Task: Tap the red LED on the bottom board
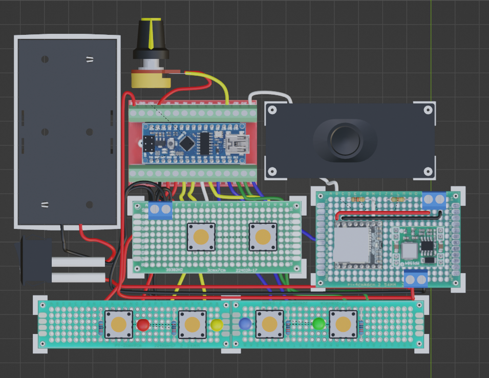143,325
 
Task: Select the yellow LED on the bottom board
217,325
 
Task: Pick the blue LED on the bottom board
245,324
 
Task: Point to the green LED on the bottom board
319,324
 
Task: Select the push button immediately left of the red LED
119,324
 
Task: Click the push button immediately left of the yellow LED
192,324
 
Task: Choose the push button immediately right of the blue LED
269,324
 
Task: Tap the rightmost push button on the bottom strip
343,324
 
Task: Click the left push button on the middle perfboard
201,237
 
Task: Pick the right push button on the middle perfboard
263,237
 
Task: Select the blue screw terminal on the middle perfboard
160,210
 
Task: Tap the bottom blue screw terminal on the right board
416,279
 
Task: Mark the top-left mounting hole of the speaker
272,110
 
